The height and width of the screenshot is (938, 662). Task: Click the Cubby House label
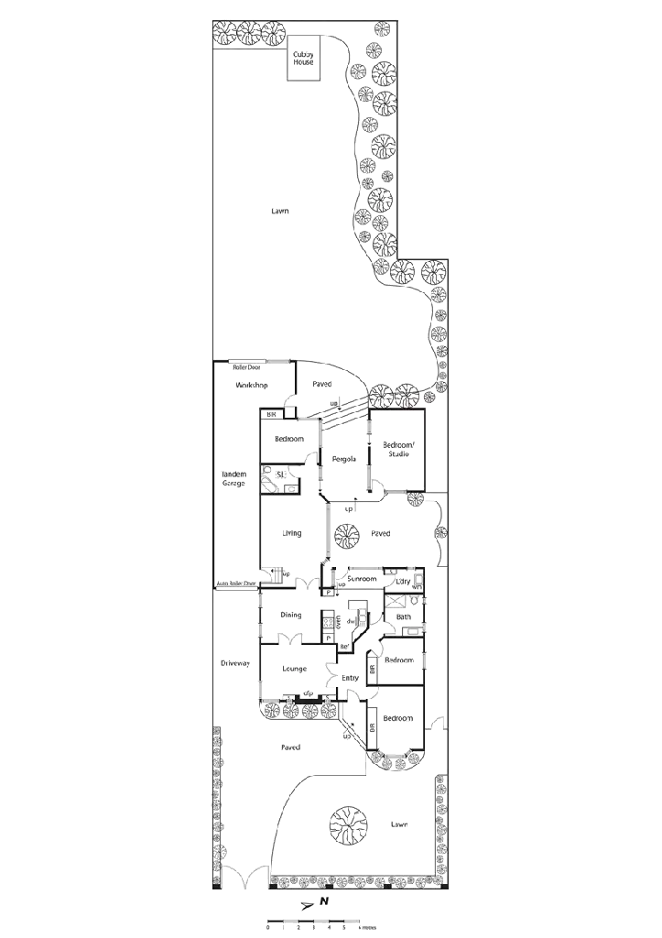pos(303,59)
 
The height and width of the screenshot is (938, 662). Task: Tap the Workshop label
pos(252,387)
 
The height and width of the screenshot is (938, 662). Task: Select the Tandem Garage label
pos(234,478)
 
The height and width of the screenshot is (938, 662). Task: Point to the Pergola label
pos(343,458)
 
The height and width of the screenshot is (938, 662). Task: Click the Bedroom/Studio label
pos(397,449)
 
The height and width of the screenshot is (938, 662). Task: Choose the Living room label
pos(293,533)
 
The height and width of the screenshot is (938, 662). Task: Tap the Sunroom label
pos(362,579)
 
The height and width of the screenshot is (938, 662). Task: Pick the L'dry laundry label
pos(400,581)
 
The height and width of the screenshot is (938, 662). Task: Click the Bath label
pos(404,617)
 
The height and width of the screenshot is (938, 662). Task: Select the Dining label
pos(291,615)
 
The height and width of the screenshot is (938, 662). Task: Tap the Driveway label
pos(234,663)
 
